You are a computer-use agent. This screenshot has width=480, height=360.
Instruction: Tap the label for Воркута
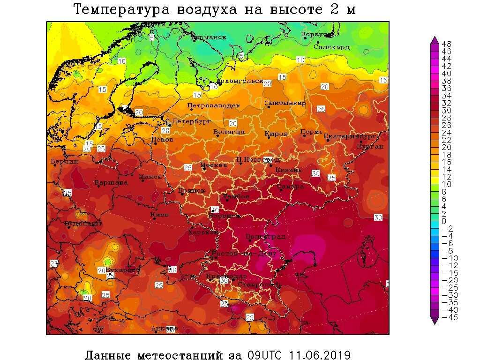317,35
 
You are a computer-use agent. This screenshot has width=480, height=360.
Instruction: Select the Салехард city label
331,47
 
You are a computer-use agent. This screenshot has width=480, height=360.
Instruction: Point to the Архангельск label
240,81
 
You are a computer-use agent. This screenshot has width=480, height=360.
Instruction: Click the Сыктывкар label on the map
285,103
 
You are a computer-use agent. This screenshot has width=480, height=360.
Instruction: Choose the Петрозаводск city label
213,105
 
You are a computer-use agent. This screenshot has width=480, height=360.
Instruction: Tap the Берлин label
65,161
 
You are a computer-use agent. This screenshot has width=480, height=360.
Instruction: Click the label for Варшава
111,182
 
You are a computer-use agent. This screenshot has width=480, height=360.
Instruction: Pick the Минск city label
150,177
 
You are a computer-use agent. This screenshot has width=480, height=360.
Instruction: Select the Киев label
159,215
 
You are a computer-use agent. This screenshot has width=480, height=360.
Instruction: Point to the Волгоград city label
265,236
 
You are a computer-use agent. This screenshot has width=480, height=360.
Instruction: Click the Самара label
290,186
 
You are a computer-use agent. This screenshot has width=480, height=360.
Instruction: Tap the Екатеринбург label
350,136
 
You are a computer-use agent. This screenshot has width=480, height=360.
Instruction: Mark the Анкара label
164,328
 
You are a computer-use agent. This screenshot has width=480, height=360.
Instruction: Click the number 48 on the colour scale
446,44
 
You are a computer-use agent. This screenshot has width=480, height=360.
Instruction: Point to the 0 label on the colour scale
444,221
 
